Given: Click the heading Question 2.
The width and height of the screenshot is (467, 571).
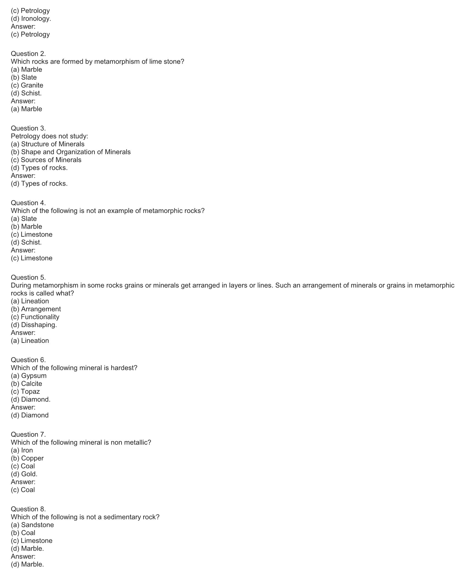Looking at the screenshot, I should pos(28,54).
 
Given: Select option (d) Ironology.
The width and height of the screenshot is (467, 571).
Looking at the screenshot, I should pos(31,18).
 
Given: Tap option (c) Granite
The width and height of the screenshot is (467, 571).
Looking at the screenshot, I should pos(27,85).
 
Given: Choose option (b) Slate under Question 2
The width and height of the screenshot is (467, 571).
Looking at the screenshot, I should pos(24,77).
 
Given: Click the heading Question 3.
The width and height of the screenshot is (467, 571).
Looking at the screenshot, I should pos(28,128).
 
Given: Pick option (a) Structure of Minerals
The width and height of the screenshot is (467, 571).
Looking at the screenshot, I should pos(48,144).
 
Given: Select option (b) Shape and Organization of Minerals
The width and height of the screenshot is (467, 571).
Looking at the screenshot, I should pos(71,152).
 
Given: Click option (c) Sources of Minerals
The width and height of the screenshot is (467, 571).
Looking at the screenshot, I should pos(46,160).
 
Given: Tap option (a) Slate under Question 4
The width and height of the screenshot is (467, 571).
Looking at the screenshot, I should pos(24,219).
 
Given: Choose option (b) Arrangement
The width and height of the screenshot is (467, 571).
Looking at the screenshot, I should pos(36,309).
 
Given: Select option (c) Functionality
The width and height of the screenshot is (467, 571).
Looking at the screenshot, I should pos(35,317).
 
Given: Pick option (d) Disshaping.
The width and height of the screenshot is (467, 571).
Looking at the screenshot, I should pos(34,325).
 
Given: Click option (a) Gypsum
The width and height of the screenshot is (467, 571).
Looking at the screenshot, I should pos(29,376).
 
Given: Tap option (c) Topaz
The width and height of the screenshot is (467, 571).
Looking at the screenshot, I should pos(25,391).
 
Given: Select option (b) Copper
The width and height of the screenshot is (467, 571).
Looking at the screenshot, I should pos(27,458).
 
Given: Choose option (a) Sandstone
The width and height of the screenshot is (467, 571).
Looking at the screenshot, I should pos(32,525).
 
